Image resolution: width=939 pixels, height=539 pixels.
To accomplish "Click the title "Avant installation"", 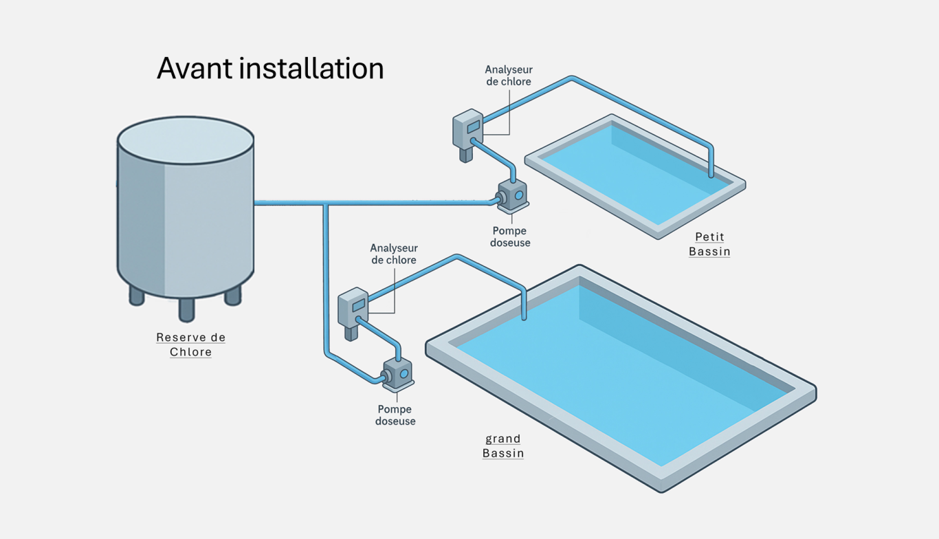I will click(270, 69).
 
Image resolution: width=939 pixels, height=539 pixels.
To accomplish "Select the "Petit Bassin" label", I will click(709, 244).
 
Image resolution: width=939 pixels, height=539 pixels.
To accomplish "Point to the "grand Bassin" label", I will click(503, 445).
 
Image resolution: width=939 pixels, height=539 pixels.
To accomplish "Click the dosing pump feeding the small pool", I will click(512, 196).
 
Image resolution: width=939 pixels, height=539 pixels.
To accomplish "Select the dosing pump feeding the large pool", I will click(397, 373).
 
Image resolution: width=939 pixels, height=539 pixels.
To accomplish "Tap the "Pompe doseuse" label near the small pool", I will click(511, 236).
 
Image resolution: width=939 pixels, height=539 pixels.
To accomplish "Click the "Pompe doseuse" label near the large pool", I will click(395, 415).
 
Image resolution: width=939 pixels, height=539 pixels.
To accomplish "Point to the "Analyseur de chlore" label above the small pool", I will click(509, 76).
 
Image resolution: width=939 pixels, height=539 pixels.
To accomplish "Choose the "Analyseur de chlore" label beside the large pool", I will click(394, 254).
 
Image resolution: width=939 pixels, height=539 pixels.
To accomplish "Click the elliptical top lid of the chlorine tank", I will click(186, 140).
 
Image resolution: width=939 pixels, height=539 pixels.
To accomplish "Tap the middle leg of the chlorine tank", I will click(186, 309).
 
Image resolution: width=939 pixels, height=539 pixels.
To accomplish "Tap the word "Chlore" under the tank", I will click(190, 352).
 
